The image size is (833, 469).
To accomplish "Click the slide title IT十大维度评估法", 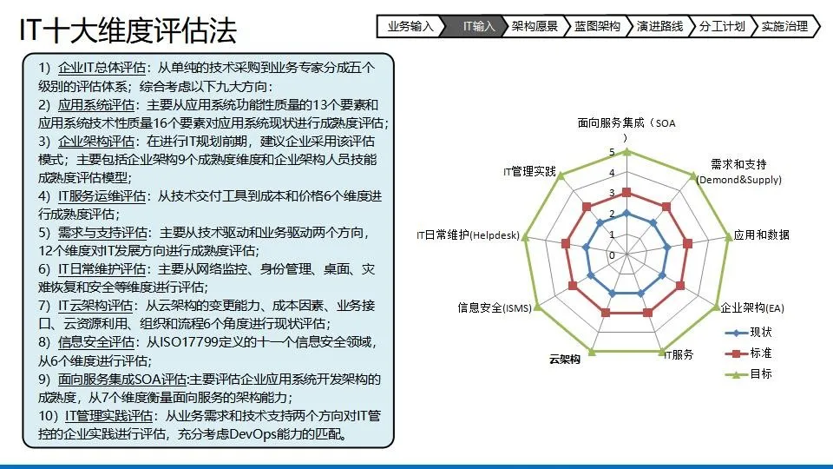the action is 128,30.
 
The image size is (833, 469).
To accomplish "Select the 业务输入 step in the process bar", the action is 410,26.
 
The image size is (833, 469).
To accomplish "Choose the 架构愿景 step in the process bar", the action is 535,26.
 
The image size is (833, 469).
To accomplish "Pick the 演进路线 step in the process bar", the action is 659,26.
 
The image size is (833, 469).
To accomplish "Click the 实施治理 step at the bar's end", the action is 784,26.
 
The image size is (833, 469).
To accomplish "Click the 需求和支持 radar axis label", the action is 739,172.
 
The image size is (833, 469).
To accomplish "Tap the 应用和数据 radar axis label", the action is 761,235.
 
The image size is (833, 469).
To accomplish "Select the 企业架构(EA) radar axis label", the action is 751,307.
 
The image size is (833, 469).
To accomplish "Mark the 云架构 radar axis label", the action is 564,360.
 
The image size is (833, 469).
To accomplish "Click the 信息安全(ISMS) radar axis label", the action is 495,307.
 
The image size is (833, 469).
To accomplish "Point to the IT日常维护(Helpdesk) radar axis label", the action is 468,235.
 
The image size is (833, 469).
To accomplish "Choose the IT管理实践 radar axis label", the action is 529,171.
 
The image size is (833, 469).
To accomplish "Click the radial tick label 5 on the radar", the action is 612,153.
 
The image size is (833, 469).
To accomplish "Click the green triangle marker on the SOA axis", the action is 626,152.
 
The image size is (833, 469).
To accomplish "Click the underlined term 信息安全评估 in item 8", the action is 95,342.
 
